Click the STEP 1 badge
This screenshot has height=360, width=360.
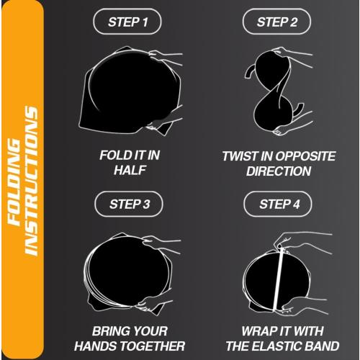pyautogui.click(x=130, y=22)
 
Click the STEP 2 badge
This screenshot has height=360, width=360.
pyautogui.click(x=277, y=22)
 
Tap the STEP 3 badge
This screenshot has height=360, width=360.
pyautogui.click(x=130, y=204)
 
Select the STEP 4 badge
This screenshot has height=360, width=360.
pyautogui.click(x=277, y=204)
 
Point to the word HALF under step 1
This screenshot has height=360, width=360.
pyautogui.click(x=130, y=171)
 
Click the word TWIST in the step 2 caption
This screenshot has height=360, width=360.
pyautogui.click(x=239, y=155)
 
